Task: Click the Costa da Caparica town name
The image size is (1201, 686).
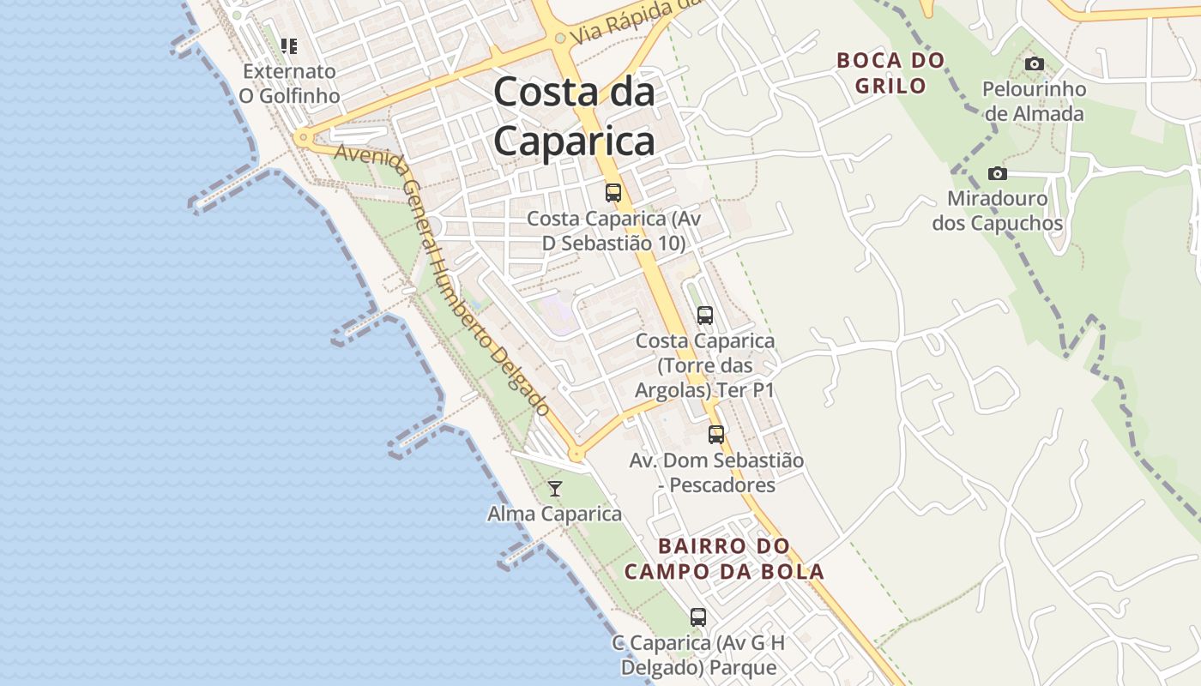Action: point(574,117)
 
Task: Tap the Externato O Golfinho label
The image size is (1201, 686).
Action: point(289,83)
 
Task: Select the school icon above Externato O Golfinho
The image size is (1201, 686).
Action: point(289,45)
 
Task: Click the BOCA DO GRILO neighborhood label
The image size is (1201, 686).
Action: point(890,73)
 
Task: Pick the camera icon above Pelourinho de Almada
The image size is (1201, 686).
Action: point(1035,64)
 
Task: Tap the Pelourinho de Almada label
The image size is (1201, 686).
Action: point(1034,101)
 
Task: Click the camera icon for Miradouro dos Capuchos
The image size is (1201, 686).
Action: point(997,174)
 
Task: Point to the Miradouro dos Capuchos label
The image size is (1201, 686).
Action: point(998,211)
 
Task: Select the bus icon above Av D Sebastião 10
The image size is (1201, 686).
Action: point(613,193)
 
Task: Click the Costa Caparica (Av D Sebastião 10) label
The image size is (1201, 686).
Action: point(613,232)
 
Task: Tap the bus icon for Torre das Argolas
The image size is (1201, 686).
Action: point(705,316)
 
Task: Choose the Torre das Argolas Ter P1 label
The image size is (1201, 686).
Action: point(704,365)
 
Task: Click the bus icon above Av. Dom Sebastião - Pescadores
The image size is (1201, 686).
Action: point(716,435)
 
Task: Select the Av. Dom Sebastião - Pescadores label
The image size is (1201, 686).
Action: point(716,472)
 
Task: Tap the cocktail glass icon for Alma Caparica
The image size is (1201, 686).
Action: point(555,489)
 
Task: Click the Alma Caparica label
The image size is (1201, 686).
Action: point(554,514)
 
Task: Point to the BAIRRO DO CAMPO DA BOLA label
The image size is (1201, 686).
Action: point(724,559)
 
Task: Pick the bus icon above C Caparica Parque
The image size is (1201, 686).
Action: point(698,617)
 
